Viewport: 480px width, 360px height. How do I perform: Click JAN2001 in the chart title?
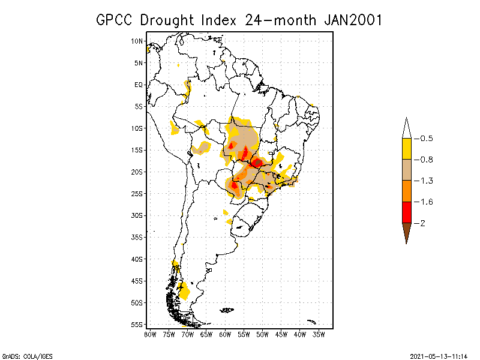click(353, 20)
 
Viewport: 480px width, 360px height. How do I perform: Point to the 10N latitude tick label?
click(137, 41)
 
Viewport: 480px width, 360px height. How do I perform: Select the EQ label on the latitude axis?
click(139, 85)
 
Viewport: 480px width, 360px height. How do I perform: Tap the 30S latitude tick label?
click(137, 215)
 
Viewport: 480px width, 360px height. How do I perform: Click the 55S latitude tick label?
click(137, 324)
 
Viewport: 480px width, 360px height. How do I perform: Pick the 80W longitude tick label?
click(150, 334)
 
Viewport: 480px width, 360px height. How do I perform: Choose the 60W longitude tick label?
click(225, 334)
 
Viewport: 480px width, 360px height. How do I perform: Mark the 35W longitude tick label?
click(319, 334)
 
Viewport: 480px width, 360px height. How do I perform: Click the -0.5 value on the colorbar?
click(426, 139)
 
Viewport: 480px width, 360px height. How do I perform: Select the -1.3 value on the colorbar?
click(426, 181)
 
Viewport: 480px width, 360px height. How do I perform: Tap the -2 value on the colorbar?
click(423, 223)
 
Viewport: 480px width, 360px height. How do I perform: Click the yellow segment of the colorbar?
click(406, 149)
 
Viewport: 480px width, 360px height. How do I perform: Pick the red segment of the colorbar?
click(406, 212)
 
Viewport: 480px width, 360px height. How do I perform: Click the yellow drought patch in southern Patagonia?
click(184, 292)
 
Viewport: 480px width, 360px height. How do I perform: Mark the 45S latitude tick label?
click(137, 281)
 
